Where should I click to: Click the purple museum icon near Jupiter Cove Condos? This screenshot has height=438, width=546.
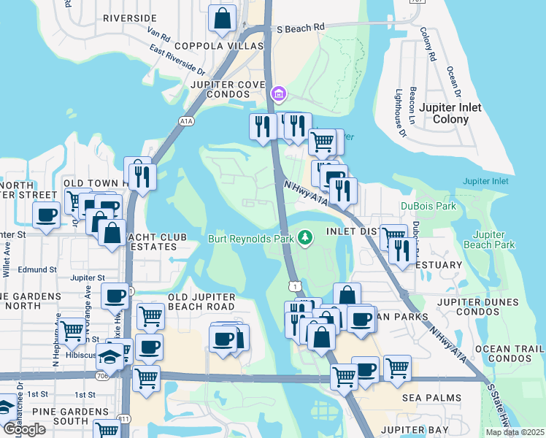point(278,94)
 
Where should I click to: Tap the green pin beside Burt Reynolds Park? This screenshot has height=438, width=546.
point(306,238)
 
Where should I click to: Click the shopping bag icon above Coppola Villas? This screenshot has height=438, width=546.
point(222,19)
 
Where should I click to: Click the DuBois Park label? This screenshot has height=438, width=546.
point(431,207)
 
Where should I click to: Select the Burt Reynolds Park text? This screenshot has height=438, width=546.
point(250,239)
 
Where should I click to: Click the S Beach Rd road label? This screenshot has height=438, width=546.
point(300,28)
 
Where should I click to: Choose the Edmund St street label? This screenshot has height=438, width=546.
point(39,269)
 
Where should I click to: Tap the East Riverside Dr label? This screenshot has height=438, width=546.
point(178,61)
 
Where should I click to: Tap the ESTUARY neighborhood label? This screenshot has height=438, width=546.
point(438,265)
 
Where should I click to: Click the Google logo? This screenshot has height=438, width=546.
point(24,429)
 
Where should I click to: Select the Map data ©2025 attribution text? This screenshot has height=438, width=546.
point(514,432)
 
